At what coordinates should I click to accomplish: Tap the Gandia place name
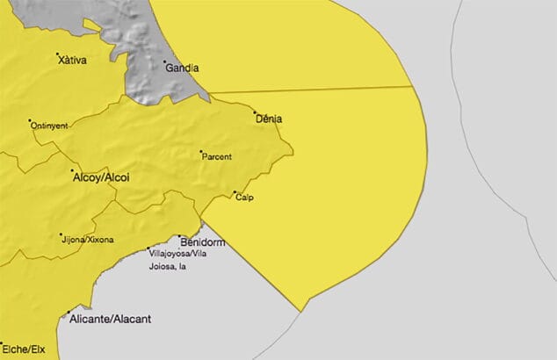[182, 68]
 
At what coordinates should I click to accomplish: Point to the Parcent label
[216, 157]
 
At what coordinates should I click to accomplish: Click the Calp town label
[245, 198]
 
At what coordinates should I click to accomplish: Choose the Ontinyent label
[50, 126]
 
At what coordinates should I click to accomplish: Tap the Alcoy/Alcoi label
[99, 177]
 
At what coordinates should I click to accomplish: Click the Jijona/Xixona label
[87, 237]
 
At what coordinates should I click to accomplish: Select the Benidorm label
[202, 241]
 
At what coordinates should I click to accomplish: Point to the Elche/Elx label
[24, 349]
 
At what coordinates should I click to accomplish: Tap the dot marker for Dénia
[255, 112]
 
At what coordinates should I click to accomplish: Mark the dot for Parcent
[201, 151]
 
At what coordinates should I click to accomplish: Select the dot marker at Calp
[235, 193]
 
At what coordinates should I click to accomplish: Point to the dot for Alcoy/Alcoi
[72, 170]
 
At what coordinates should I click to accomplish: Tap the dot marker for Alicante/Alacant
[68, 313]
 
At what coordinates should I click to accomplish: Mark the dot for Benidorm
[179, 236]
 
